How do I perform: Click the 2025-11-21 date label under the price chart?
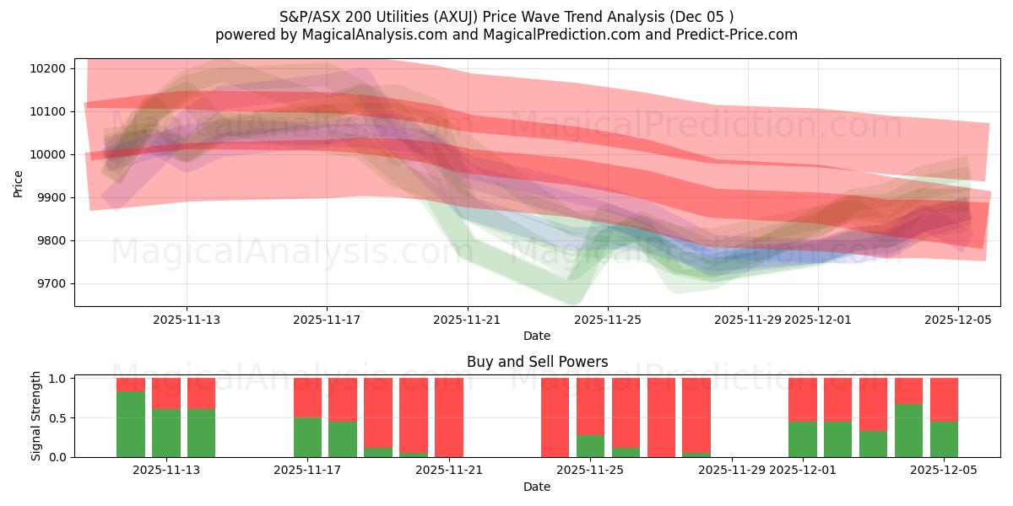[x=469, y=320]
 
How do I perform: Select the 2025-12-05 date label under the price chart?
[x=957, y=320]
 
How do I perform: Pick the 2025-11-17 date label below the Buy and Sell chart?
[x=307, y=470]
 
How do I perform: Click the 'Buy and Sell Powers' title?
[x=537, y=362]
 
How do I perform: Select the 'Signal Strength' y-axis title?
[x=36, y=416]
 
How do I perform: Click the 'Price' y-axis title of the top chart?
[x=19, y=182]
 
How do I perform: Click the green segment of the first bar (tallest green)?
[x=130, y=424]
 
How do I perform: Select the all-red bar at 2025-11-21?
[x=449, y=417]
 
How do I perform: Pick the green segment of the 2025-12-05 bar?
[x=944, y=439]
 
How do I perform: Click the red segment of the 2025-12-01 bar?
[x=802, y=400]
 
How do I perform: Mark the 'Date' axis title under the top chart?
[x=537, y=336]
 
